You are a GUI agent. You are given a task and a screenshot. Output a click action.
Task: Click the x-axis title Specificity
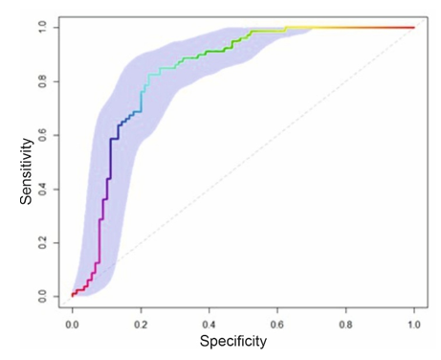coord(233,341)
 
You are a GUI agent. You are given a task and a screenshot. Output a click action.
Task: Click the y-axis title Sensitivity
coord(27,171)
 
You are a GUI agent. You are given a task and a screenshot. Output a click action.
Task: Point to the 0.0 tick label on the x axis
coord(72,325)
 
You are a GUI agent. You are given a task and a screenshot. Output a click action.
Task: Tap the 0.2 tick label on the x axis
coord(141,325)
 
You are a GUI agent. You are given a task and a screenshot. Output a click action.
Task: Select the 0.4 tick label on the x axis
coord(209,325)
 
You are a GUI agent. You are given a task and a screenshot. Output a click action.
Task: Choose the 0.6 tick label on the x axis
coord(277,325)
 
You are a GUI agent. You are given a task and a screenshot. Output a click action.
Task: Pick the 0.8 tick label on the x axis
coord(345,325)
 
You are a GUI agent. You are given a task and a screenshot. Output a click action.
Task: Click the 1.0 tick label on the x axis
coord(414,325)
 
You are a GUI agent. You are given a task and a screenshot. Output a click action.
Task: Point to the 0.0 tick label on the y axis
coord(43,297)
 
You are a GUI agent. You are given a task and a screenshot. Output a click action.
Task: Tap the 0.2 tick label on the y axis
coord(43,243)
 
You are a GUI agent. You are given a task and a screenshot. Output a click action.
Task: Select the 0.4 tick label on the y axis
coord(43,190)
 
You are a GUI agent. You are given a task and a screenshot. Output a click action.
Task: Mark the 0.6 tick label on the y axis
coord(43,135)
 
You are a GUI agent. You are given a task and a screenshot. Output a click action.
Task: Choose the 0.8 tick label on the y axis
coord(43,81)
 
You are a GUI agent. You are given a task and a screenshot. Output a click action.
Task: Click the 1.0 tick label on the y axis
coord(43,28)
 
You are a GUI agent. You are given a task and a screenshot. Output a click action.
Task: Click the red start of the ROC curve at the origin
coord(73,296)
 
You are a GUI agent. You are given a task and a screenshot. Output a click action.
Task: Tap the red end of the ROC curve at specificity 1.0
coord(413,28)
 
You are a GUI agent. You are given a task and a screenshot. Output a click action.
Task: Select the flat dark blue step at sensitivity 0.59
coord(114,139)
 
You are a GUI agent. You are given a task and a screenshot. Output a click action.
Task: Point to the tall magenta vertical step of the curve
coord(99,241)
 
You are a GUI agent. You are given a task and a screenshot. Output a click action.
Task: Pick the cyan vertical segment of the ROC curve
coord(142,101)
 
